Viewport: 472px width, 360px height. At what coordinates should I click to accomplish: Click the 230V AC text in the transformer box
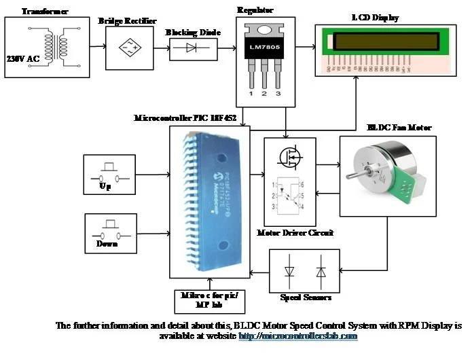point(23,59)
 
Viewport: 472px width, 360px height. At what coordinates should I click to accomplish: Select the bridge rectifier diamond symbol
point(130,47)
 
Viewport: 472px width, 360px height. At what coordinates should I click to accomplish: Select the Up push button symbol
point(106,174)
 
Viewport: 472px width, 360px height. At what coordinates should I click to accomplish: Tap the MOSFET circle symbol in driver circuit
point(290,157)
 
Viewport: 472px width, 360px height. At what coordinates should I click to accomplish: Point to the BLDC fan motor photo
point(386,175)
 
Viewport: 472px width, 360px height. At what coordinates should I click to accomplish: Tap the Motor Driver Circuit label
point(295,232)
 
